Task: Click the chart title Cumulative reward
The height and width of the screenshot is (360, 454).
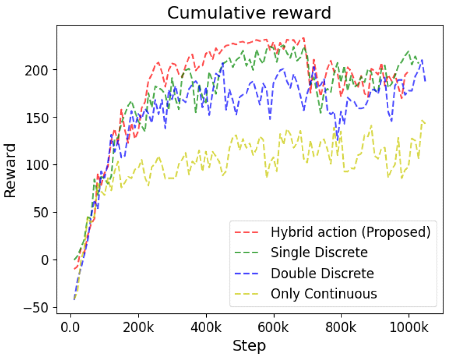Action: point(249,13)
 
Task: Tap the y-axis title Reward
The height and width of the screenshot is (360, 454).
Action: point(11,170)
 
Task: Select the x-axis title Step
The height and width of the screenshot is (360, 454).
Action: point(249,346)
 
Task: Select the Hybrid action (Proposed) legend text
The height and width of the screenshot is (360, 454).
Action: point(350,232)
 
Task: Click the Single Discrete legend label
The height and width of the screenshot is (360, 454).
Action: point(319,252)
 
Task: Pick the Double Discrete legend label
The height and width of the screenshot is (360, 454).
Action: point(322,273)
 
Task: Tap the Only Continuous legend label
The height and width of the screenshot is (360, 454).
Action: point(324,293)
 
